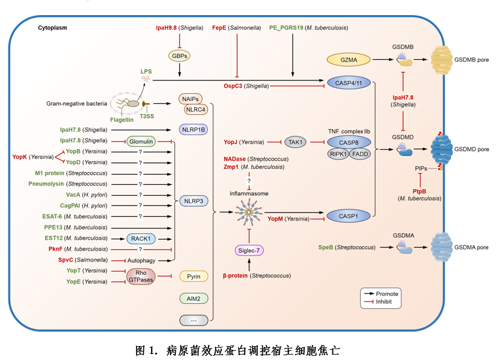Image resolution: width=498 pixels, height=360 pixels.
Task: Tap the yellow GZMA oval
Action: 348,60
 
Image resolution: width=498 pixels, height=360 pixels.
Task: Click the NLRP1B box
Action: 193,129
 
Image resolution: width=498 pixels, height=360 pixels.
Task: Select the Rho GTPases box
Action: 140,276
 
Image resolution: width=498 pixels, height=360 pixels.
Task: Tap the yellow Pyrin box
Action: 193,276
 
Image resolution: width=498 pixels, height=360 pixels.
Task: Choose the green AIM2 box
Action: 193,298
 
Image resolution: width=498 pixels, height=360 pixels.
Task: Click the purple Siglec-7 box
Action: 250,250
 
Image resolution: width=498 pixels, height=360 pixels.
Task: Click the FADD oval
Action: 361,154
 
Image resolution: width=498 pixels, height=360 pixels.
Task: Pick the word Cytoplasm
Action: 53,28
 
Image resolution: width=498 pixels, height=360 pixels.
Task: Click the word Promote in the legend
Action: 387,294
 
